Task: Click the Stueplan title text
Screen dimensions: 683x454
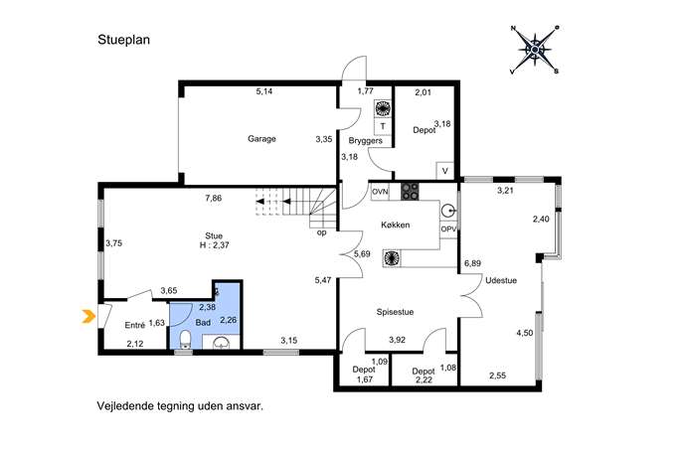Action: coord(123,40)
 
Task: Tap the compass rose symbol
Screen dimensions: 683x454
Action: coord(535,50)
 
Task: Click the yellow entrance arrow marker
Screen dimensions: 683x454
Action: coord(88,317)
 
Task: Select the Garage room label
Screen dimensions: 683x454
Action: coord(261,139)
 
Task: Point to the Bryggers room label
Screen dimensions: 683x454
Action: coord(366,141)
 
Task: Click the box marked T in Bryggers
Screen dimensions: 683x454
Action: coord(383,127)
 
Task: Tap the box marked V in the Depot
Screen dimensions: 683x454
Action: coord(444,171)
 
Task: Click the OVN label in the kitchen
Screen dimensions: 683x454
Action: coord(380,192)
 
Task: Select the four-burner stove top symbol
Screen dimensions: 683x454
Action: coord(410,191)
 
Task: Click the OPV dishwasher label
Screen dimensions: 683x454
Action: coord(448,228)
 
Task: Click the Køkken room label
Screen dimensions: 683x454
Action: coord(395,226)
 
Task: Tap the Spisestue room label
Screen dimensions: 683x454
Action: coord(395,312)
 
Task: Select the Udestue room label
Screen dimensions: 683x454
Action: coord(501,281)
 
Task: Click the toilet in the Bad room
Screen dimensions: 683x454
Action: coord(186,339)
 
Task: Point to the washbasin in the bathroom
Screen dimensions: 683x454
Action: coord(222,343)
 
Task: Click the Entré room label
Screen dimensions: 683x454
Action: coord(134,325)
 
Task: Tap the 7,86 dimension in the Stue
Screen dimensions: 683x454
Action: coord(214,198)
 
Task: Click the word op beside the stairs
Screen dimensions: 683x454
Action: coord(321,232)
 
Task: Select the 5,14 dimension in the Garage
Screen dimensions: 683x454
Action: coord(264,91)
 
